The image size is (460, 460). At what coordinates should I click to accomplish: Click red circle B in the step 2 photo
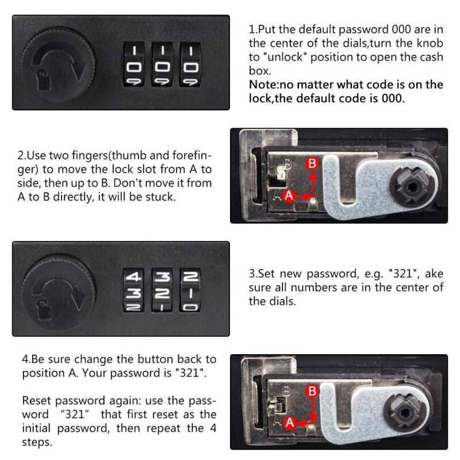pyautogui.click(x=312, y=163)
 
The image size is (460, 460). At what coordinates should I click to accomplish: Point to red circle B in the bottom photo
pyautogui.click(x=312, y=392)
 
